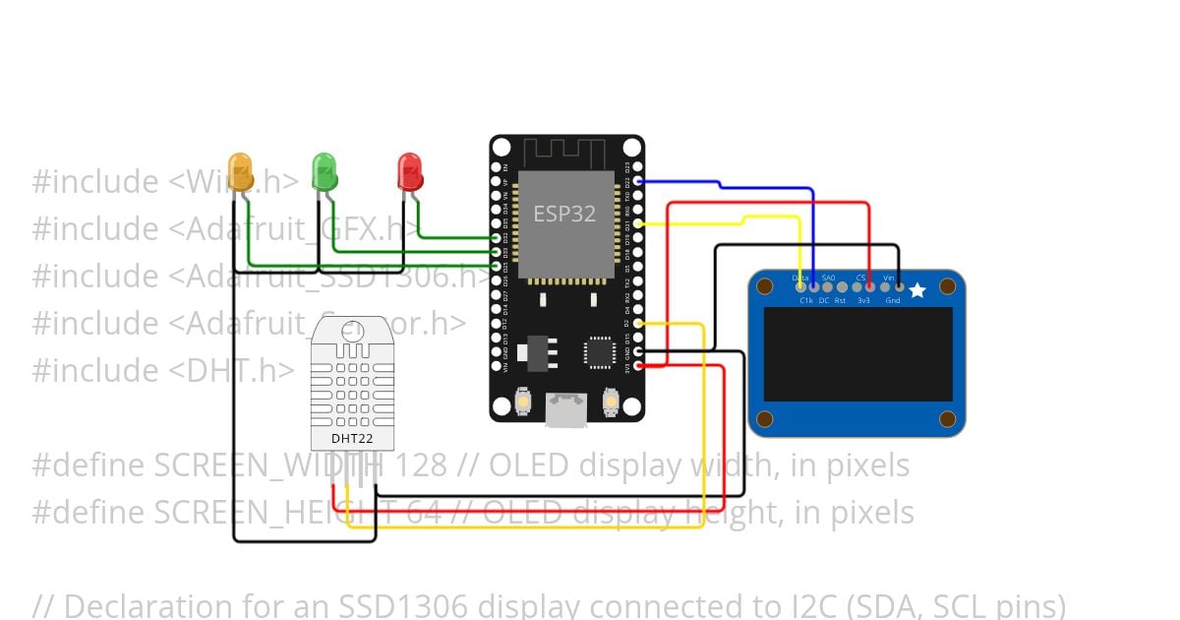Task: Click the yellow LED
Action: (x=241, y=171)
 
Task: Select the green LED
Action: (x=324, y=171)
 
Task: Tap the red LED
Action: (x=410, y=171)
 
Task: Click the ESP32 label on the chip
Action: (x=564, y=214)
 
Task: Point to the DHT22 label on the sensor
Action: (x=352, y=438)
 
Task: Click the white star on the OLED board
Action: (x=917, y=290)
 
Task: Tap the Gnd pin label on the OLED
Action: (x=893, y=300)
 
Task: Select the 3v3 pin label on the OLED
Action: (x=863, y=300)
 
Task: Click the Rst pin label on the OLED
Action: (x=840, y=300)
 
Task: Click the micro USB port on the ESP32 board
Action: (x=567, y=408)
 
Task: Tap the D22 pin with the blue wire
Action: (x=638, y=181)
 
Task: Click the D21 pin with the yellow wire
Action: (x=638, y=223)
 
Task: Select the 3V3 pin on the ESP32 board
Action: (x=638, y=366)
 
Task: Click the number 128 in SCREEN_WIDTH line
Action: (x=423, y=465)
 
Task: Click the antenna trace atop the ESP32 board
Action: (x=566, y=153)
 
